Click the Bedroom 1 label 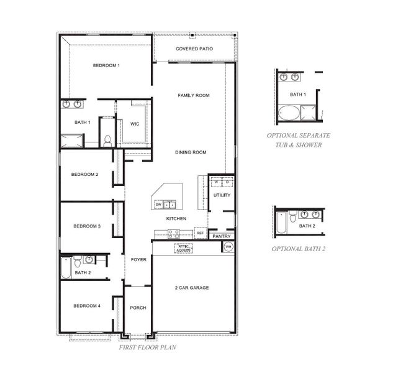point(106,65)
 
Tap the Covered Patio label point(195,48)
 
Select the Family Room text point(193,95)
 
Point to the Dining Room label point(191,152)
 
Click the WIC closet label point(135,124)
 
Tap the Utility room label point(222,195)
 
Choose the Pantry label point(222,236)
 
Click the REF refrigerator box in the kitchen point(200,233)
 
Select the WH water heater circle point(228,247)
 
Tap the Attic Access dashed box point(184,248)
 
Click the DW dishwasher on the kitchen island point(159,204)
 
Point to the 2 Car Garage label point(191,288)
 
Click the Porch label point(137,308)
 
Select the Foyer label point(138,259)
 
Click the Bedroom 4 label point(86,305)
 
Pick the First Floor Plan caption point(147,347)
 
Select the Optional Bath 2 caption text point(299,249)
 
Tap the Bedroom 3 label point(86,226)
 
